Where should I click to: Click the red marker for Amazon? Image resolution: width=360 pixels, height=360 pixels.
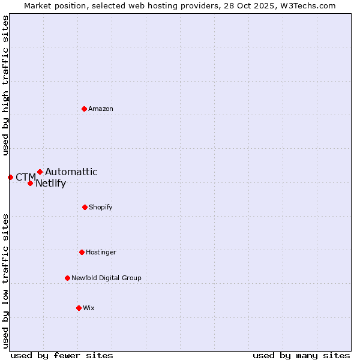[x=84, y=109]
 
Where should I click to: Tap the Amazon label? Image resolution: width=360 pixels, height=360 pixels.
[x=101, y=109]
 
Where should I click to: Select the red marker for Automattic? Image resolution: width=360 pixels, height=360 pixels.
[x=40, y=172]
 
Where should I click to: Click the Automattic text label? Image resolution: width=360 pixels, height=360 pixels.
[x=71, y=172]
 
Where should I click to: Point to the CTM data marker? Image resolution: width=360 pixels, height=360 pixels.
[x=10, y=177]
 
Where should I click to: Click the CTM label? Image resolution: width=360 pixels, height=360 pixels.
[x=26, y=177]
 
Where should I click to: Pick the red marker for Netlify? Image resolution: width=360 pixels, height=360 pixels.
[x=30, y=183]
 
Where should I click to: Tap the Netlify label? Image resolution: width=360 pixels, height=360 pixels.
[x=50, y=184]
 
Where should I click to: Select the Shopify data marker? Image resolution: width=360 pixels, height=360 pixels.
[x=85, y=207]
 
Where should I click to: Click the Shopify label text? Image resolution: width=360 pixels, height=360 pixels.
[x=101, y=207]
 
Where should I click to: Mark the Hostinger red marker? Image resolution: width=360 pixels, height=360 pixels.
[x=82, y=252]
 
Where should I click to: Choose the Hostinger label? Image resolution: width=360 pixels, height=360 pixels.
[x=101, y=252]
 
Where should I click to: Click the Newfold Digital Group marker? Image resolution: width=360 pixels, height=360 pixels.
[x=67, y=278]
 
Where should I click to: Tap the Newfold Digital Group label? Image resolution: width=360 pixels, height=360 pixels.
[x=106, y=278]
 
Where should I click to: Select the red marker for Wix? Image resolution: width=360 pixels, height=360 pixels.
[x=79, y=308]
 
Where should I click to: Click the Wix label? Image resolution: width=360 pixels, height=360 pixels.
[x=89, y=308]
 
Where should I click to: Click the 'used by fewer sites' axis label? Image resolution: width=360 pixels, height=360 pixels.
[x=62, y=355]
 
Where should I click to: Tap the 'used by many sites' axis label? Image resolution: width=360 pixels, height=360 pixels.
[x=301, y=355]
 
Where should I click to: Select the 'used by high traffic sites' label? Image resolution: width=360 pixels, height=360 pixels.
[x=5, y=85]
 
